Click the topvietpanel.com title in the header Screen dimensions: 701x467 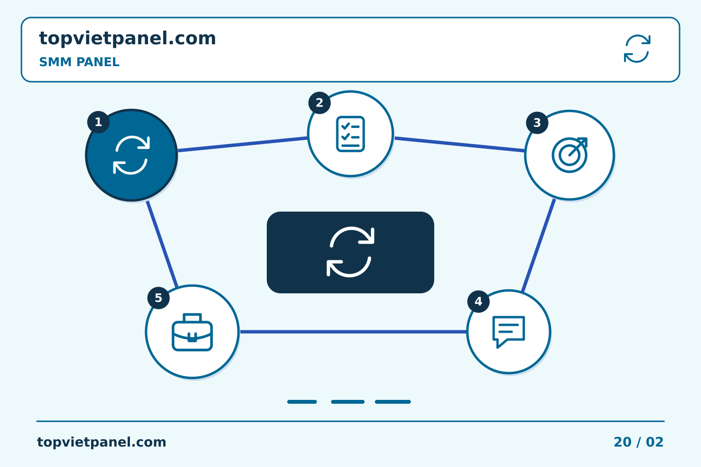pos(128,39)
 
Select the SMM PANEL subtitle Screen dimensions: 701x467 pos(79,62)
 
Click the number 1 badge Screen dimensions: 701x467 pos(98,122)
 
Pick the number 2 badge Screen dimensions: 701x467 pos(319,103)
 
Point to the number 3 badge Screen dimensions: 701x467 pos(537,123)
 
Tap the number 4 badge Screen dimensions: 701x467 pos(478,302)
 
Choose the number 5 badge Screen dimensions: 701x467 pos(158,298)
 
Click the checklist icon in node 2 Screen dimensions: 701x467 pos(350,134)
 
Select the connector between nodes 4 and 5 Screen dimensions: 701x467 pos(353,332)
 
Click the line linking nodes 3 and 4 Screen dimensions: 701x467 pos(538,245)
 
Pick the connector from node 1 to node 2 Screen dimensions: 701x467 pos(242,144)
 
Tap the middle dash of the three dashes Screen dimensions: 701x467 pos(348,402)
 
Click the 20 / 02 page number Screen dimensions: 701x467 pos(638,442)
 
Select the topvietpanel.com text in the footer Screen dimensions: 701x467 pos(101,442)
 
